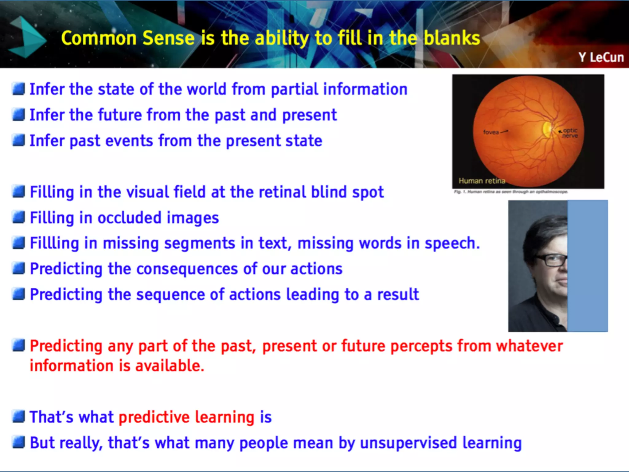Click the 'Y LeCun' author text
coord(601,57)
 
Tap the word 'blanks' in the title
coord(452,38)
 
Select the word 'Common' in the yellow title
coord(99,38)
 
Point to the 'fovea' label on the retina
coord(491,132)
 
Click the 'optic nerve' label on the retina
coord(570,133)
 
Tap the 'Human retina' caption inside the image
coord(482,181)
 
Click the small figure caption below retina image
coord(511,192)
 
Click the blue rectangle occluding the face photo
coord(587,266)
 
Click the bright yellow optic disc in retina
coord(547,129)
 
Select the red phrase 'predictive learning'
coord(186,417)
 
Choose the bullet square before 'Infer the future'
coord(19,115)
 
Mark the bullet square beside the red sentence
coord(19,345)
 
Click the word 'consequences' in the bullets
coord(187,269)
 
